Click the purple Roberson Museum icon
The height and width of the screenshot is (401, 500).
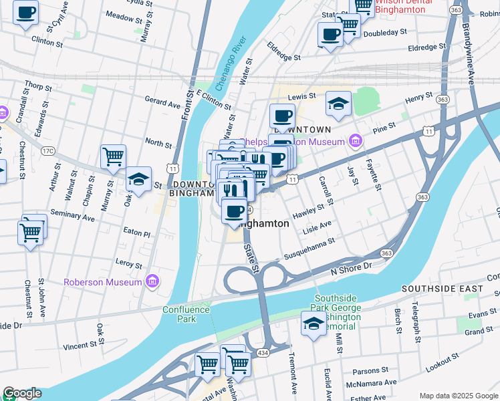point(152,282)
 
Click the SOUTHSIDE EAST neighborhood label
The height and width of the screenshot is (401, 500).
point(442,289)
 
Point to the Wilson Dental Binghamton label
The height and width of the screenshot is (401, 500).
point(404,6)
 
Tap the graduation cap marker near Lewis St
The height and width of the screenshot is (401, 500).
point(339,104)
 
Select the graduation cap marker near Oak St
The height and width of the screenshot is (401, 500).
point(138,179)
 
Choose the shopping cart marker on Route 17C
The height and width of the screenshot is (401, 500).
point(113,157)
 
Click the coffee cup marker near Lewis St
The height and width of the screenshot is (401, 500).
point(282,116)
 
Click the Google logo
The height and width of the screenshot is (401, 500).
point(21,393)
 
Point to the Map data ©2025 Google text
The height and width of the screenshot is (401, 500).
point(459,396)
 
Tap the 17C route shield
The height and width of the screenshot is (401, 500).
point(47,151)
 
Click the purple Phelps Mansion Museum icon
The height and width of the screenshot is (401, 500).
point(356,141)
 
